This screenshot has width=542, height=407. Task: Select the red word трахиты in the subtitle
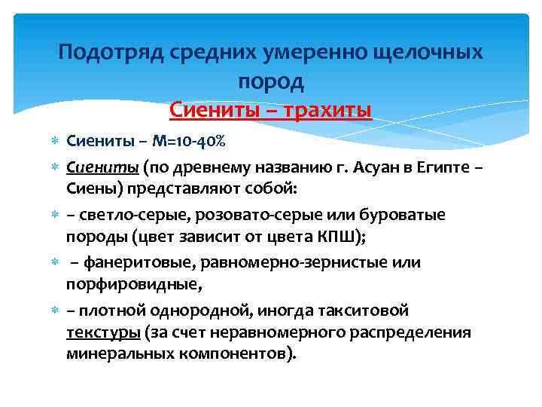coord(329,110)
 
